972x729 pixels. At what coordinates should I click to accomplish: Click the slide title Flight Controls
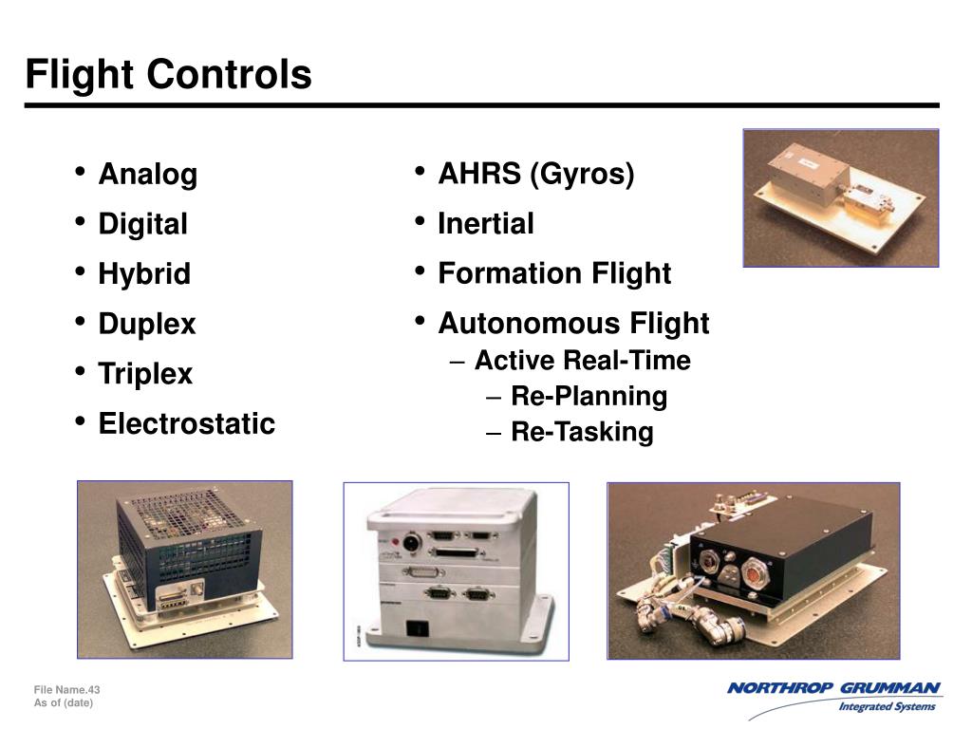point(168,74)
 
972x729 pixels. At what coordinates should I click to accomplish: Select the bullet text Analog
point(148,175)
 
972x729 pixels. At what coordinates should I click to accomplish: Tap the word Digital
point(142,224)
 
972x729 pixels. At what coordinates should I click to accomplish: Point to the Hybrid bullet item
point(144,274)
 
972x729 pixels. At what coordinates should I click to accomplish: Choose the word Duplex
point(147,324)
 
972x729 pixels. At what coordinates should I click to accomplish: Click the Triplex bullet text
point(145,374)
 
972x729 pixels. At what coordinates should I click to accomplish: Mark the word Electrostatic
point(186,423)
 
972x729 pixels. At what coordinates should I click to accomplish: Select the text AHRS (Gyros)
point(535,174)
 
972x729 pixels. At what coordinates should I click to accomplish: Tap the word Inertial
point(485,224)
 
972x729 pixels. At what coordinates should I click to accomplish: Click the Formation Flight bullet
point(553,274)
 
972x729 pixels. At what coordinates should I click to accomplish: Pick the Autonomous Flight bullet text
point(573,324)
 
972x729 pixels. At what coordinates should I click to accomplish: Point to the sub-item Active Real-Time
point(582,361)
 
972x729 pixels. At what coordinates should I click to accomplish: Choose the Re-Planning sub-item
point(589,396)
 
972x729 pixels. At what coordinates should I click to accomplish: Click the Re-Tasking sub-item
point(582,433)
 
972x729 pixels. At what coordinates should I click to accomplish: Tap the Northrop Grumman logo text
point(833,688)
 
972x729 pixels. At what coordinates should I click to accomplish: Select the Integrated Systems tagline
point(887,706)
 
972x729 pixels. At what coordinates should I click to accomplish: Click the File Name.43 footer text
point(66,689)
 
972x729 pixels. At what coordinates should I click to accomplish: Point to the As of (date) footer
point(64,702)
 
